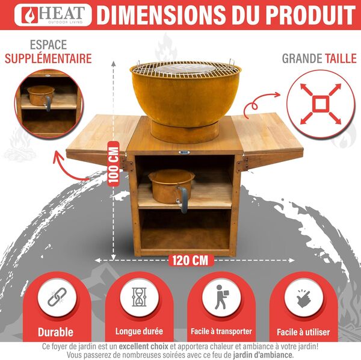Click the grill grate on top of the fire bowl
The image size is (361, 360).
[x=185, y=68]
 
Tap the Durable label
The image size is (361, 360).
[x=55, y=332]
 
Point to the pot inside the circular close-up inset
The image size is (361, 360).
[x=40, y=96]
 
